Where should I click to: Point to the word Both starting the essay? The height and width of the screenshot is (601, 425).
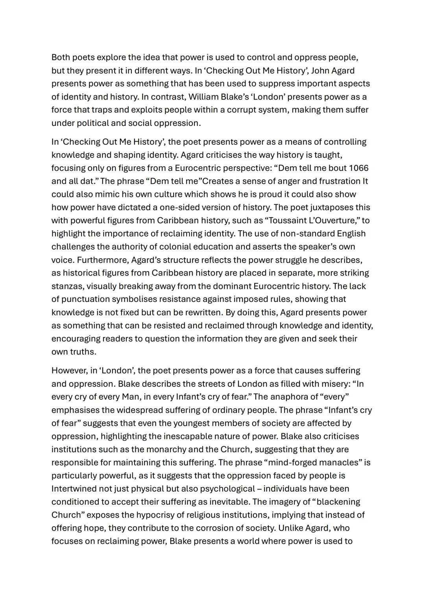pyautogui.click(x=61, y=57)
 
